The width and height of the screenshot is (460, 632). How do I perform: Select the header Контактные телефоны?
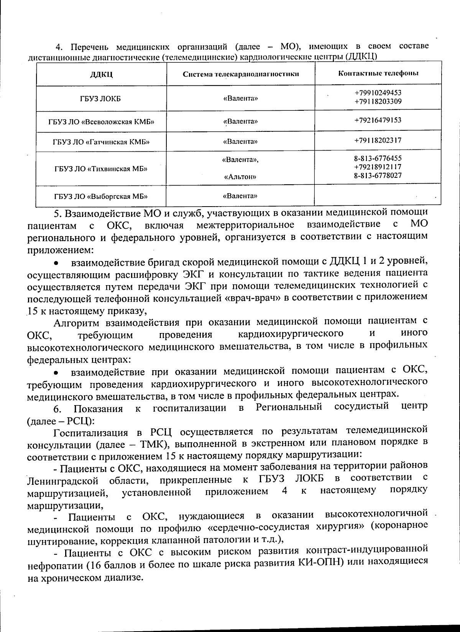[x=378, y=73]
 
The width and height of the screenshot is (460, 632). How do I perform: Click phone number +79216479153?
[x=378, y=120]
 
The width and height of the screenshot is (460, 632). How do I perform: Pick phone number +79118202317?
[x=378, y=140]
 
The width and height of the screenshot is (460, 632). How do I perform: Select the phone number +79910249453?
[x=378, y=93]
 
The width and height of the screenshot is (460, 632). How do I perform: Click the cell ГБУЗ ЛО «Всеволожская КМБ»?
[x=101, y=122]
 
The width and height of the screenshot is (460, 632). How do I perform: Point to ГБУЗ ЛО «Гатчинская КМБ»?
[x=101, y=142]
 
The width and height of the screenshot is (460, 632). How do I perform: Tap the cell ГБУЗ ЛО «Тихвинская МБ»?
[x=101, y=169]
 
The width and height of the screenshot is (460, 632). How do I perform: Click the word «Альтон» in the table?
[x=240, y=177]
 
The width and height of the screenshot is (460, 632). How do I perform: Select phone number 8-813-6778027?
[x=378, y=176]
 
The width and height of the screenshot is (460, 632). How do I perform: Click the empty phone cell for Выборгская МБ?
[x=378, y=196]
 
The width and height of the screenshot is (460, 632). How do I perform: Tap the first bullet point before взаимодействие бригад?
[x=56, y=264]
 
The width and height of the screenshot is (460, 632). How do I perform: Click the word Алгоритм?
[x=77, y=322]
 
